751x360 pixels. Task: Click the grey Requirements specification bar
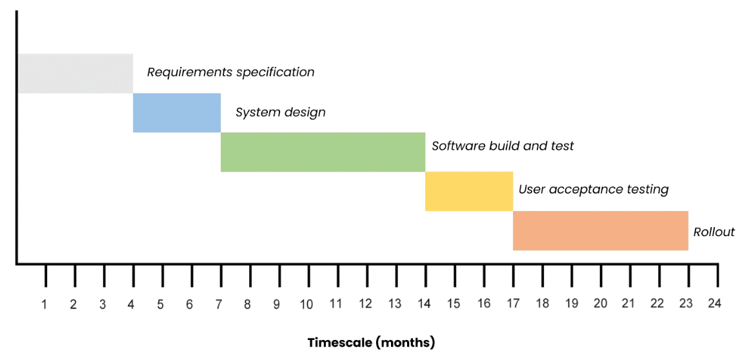[x=75, y=74]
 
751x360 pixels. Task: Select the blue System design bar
[x=177, y=112]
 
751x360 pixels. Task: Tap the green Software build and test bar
[x=323, y=152]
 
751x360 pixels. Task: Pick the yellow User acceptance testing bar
[x=469, y=191]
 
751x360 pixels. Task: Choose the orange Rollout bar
[x=601, y=230]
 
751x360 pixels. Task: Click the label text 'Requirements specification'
[x=231, y=73]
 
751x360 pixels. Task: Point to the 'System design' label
[x=281, y=112]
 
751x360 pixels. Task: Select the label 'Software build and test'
[x=503, y=146]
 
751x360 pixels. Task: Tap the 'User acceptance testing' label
[x=594, y=190]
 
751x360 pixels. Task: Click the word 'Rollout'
[x=714, y=232]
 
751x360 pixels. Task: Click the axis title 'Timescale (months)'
[x=371, y=343]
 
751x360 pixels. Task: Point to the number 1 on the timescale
[x=44, y=304]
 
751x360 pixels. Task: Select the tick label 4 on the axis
[x=131, y=304]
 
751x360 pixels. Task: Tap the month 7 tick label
[x=219, y=304]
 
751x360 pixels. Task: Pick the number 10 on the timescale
[x=306, y=304]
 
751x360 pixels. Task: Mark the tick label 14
[x=423, y=304]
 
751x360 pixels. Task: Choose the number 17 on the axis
[x=512, y=304]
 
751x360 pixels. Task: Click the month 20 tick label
[x=600, y=304]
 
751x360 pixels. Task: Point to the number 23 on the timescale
[x=686, y=304]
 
